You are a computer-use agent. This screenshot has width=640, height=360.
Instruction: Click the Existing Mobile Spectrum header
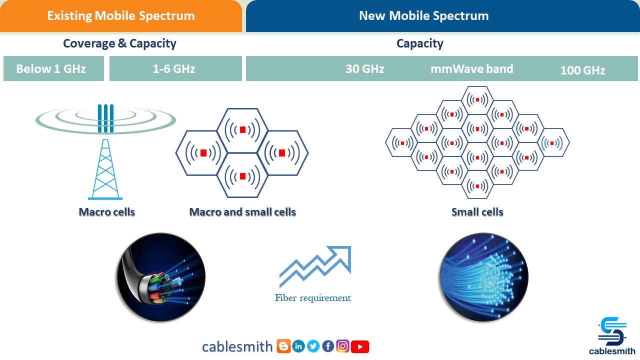[x=120, y=15]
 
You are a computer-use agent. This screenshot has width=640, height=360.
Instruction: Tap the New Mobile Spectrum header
[x=423, y=15]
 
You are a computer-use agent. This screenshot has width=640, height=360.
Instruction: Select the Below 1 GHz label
[x=51, y=69]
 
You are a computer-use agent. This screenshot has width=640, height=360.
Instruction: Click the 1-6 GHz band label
[x=173, y=69]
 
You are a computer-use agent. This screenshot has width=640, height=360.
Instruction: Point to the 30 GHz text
[x=365, y=69]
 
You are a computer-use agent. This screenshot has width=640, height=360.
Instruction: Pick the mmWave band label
[x=472, y=69]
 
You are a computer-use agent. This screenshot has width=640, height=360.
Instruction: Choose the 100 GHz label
[x=582, y=70]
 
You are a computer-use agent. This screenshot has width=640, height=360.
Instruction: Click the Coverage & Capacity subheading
[x=119, y=43]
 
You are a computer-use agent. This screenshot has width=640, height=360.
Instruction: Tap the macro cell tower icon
[x=105, y=150]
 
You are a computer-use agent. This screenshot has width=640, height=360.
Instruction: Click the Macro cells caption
[x=107, y=212]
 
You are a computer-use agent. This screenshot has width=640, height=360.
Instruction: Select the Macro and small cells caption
[x=242, y=212]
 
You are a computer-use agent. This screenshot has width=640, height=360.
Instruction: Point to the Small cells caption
[x=477, y=212]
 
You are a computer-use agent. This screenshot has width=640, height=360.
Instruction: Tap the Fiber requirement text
[x=313, y=298]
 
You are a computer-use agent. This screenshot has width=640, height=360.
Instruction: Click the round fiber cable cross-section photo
[x=161, y=277]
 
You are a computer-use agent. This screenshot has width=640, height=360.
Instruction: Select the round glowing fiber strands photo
[x=483, y=277]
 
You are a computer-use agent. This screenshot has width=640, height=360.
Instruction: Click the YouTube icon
[x=360, y=346]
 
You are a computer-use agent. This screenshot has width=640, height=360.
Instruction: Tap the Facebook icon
[x=328, y=346]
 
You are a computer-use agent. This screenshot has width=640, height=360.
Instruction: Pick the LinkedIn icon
[x=298, y=346]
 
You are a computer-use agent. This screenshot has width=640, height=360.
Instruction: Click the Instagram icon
[x=343, y=346]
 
